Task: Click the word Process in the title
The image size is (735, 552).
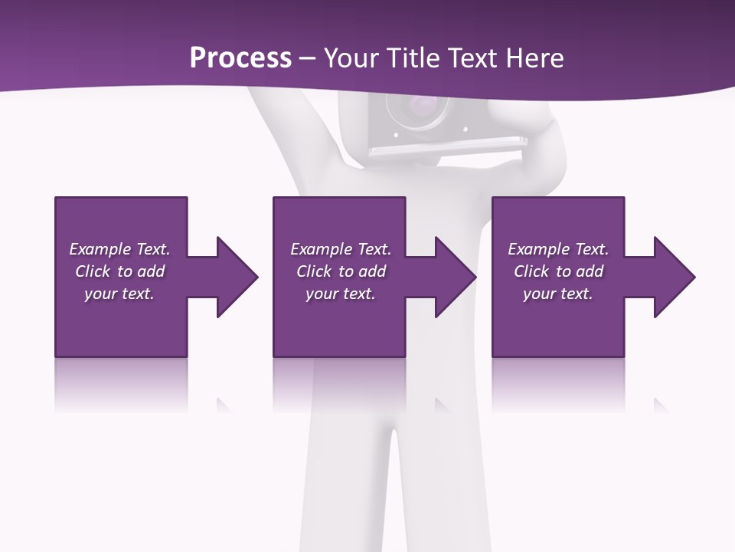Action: point(240,58)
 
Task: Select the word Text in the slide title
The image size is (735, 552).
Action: point(472,58)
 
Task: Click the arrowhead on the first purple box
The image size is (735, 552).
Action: point(234,277)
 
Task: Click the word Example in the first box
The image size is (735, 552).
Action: point(100,249)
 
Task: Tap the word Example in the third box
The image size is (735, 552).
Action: point(539,249)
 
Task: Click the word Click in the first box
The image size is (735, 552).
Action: point(93,271)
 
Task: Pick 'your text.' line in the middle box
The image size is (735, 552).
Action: point(340,294)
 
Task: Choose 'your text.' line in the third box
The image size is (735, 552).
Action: point(557,294)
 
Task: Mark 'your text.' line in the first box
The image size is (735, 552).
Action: point(119,294)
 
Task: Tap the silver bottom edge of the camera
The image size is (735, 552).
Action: point(448,143)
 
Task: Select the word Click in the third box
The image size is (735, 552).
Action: point(532,271)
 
